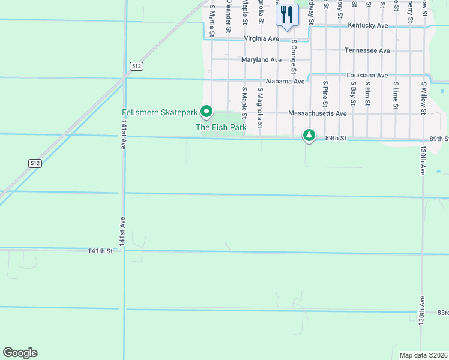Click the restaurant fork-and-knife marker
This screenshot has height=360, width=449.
tap(287, 14)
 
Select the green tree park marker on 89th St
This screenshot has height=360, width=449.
tap(309, 136)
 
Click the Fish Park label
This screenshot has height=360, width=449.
tap(221, 127)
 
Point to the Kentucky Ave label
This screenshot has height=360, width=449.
tap(368, 26)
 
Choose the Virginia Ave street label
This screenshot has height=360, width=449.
tap(262, 38)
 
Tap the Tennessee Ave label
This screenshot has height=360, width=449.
tap(367, 51)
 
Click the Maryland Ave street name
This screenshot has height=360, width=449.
tap(261, 60)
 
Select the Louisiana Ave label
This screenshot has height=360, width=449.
tap(367, 76)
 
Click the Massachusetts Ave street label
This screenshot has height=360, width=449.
tap(318, 113)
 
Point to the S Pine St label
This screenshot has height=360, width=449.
tap(325, 94)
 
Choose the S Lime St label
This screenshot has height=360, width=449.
tap(396, 96)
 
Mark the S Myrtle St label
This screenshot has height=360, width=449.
tap(212, 20)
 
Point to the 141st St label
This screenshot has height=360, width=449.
tap(100, 251)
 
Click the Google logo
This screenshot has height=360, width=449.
tap(20, 353)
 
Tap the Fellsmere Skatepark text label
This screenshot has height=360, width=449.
tap(160, 112)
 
